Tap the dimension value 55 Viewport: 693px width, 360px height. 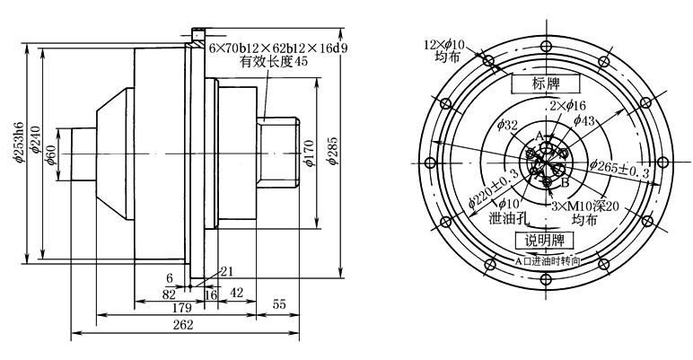coord(279,305)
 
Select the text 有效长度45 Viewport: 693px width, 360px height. coord(274,62)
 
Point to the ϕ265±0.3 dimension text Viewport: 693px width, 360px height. coord(618,168)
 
